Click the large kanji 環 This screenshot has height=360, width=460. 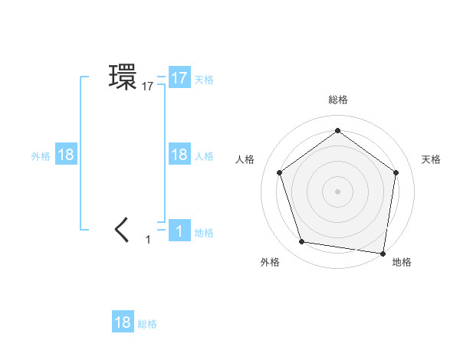(x=123, y=77)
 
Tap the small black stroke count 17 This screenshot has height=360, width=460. (x=148, y=87)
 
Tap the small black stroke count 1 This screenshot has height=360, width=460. (x=149, y=240)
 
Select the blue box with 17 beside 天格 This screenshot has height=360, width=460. (x=179, y=78)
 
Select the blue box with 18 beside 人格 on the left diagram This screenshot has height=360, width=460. (x=179, y=155)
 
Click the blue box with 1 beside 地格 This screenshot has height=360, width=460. (x=179, y=231)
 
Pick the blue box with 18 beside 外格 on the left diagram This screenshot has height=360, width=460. (x=66, y=155)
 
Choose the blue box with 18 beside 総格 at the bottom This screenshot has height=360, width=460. (x=123, y=322)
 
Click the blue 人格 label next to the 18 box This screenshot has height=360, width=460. (x=204, y=156)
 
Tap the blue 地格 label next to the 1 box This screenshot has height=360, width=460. (x=204, y=233)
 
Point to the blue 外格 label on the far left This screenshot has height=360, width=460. (x=41, y=156)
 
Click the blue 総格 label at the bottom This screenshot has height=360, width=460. (x=147, y=324)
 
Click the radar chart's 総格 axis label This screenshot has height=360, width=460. (x=337, y=100)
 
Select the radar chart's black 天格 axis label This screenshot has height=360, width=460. (x=431, y=159)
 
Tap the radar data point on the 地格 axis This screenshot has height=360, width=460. (x=383, y=253)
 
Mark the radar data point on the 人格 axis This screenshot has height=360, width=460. (x=279, y=172)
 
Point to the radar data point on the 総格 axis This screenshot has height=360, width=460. (x=337, y=130)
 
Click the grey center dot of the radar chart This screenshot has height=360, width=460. (x=337, y=191)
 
